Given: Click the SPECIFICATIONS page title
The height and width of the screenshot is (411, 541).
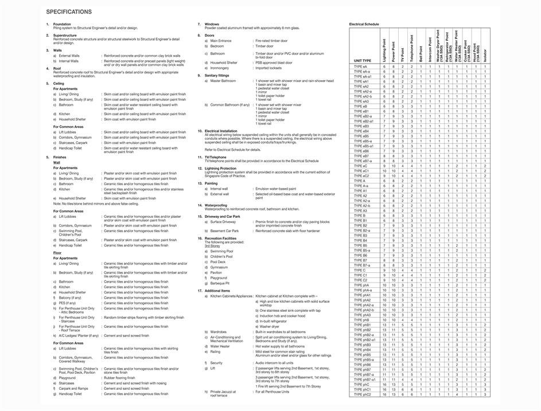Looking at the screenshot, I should (68, 11).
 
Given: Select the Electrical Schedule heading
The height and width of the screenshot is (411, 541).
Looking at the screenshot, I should (364, 24).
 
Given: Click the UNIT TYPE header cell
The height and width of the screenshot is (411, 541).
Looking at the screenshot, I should (363, 60).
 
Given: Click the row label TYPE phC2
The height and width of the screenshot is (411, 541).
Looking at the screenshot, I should (363, 394).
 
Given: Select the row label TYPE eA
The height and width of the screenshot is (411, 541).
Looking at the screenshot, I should (360, 66).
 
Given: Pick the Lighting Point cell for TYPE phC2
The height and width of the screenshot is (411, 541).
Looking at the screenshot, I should (384, 394).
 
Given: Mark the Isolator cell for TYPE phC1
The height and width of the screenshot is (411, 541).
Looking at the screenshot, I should (484, 389).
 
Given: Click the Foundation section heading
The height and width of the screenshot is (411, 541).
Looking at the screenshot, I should (62, 24).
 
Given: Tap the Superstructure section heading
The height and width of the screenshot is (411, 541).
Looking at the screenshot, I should (65, 36).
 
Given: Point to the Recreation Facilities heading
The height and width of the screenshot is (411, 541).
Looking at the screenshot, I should (220, 238).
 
